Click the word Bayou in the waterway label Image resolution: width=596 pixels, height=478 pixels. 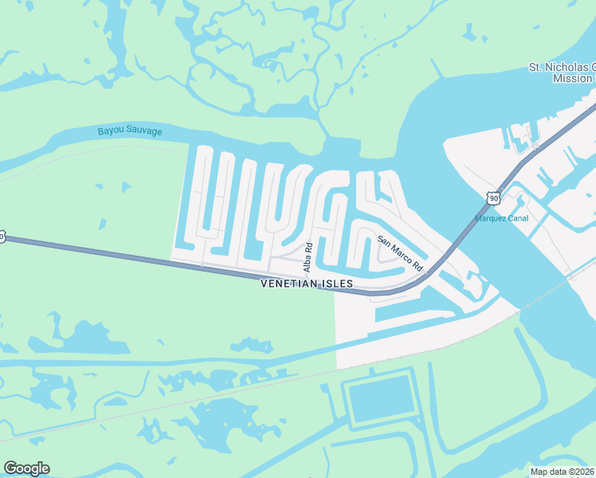click(x=111, y=130)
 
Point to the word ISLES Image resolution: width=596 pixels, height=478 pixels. click(x=338, y=284)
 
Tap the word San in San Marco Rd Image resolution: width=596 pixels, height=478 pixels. click(x=383, y=238)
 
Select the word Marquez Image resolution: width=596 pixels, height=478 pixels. click(x=492, y=218)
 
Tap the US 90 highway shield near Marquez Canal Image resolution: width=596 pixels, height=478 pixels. click(x=494, y=197)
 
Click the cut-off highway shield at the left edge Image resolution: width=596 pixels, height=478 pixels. click(x=2, y=237)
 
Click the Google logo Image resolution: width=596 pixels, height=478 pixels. click(x=26, y=468)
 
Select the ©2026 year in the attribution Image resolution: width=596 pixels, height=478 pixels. click(x=580, y=472)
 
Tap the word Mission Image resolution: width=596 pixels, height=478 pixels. click(x=572, y=78)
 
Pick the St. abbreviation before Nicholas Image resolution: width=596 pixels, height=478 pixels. click(x=537, y=68)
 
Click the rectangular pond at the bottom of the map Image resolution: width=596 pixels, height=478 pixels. click(x=382, y=399)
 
